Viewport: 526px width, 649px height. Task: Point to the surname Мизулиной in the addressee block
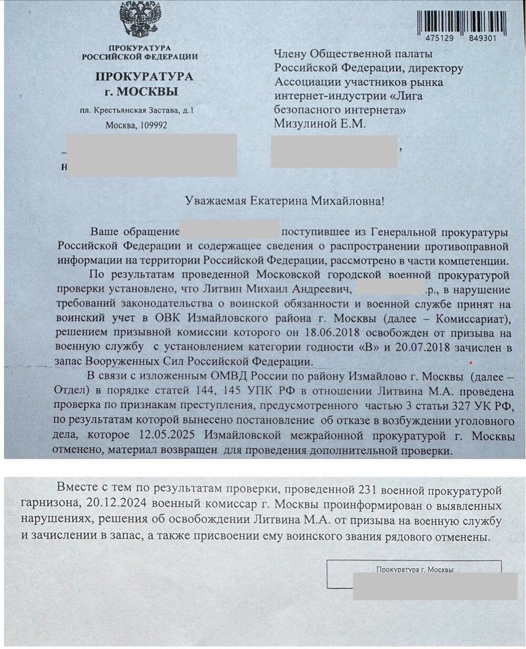point(304,124)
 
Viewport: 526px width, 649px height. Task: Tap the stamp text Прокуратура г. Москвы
point(415,570)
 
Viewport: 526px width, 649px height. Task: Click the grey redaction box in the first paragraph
point(229,232)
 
